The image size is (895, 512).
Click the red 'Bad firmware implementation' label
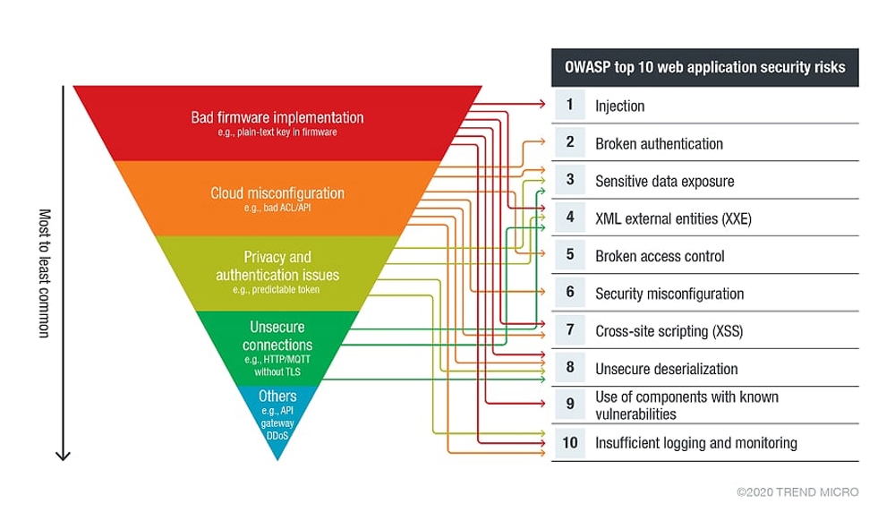pos(277,117)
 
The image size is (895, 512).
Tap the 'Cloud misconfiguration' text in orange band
pos(277,193)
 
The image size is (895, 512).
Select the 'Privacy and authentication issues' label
pos(277,266)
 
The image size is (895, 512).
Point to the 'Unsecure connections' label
pos(277,336)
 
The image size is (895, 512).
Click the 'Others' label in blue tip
pos(277,397)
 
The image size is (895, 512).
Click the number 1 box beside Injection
pos(569,105)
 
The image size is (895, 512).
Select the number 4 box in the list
pos(569,217)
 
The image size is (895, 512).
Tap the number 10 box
pos(569,442)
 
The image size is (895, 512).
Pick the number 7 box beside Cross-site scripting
pos(569,330)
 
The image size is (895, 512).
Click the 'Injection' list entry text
pos(620,107)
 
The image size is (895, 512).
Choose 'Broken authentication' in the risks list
pos(660,144)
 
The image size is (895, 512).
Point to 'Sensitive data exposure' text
pos(665,182)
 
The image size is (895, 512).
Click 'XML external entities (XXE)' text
pos(674,219)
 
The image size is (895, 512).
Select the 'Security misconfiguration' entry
pos(669,294)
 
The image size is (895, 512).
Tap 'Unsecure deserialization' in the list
pos(667,370)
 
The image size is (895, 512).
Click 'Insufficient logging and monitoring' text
pos(696,443)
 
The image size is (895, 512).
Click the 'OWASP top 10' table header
pos(705,67)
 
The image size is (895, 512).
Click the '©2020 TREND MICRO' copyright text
pos(797,492)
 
